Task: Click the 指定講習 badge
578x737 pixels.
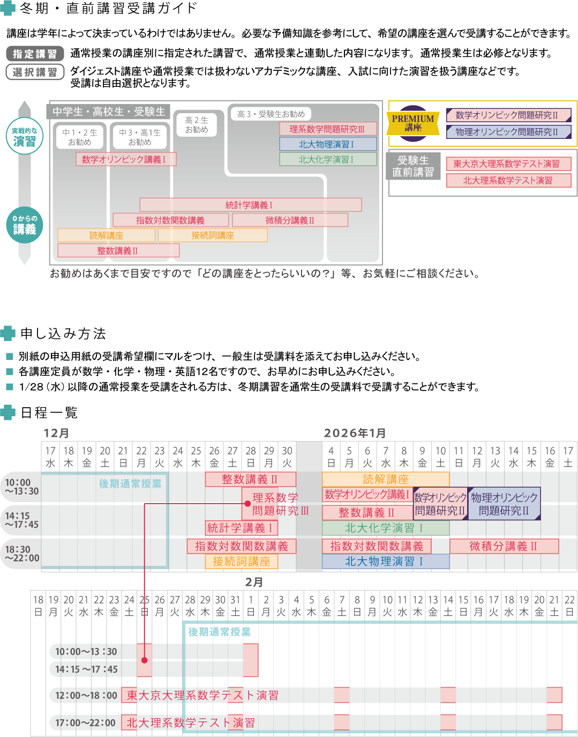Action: pos(35,54)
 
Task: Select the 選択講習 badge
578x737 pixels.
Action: pos(35,72)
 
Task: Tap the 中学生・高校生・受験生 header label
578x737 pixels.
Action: pos(109,112)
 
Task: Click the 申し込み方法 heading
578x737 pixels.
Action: pos(63,334)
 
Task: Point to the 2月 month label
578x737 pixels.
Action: pos(254,582)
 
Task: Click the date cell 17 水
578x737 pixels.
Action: pos(50,456)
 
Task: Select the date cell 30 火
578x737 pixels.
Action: pos(287,456)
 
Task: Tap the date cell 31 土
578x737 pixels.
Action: pos(235,606)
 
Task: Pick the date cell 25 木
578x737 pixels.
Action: pos(196,456)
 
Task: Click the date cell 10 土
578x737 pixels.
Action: pos(440,456)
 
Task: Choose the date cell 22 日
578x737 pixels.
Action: pos(569,606)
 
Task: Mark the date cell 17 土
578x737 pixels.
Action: pos(568,456)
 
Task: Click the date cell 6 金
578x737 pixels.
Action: pos(327,606)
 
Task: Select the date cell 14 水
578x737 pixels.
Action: pos(513,456)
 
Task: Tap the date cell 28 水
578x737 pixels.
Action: pos(190,606)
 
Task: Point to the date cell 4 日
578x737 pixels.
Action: pos(331,456)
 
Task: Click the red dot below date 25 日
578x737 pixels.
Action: pos(144,660)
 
